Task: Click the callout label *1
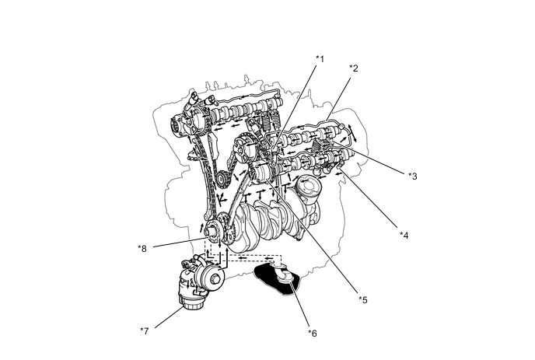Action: point(319,58)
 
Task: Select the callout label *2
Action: point(353,68)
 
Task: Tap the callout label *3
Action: point(413,176)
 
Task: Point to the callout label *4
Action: point(404,234)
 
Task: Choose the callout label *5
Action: point(362,299)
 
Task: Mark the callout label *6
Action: point(312,333)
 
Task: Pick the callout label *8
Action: point(142,249)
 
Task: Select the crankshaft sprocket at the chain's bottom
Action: point(215,229)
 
